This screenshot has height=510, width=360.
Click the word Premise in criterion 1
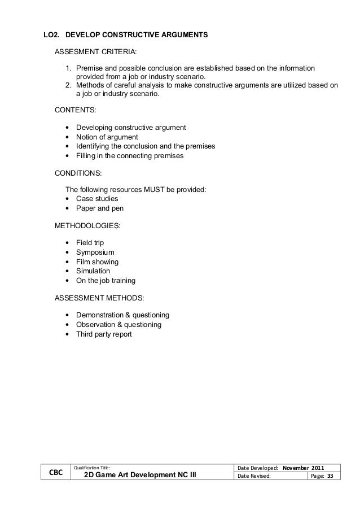coord(90,68)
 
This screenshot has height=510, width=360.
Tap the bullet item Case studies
coord(97,199)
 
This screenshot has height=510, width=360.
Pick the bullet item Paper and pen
coord(99,208)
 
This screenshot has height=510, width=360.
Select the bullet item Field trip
coord(90,242)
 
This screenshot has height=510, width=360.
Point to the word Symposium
coord(95,252)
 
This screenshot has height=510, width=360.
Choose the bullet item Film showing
coord(97,261)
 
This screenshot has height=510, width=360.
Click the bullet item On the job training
coord(106,280)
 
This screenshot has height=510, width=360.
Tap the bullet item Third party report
coord(104,334)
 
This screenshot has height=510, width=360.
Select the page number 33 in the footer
coord(330,477)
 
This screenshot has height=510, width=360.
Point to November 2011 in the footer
coord(304,467)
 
